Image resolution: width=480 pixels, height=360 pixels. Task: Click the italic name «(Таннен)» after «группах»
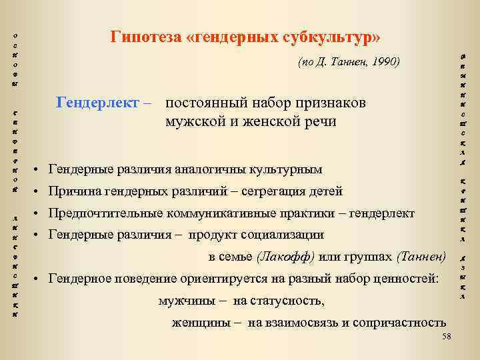tap(421, 257)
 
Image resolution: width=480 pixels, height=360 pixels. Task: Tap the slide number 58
tap(447, 337)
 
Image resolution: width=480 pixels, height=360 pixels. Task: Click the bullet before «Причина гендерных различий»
tap(41, 192)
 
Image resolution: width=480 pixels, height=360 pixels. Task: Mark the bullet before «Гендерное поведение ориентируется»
tap(41, 279)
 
